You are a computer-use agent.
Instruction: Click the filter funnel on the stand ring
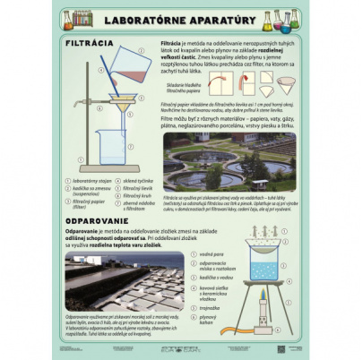coord(118,101)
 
